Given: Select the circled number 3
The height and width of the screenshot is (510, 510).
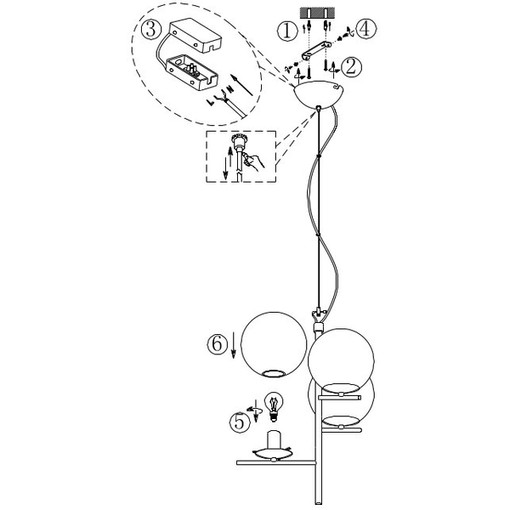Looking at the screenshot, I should (x=150, y=31).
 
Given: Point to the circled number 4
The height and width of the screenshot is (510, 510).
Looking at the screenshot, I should (x=365, y=28).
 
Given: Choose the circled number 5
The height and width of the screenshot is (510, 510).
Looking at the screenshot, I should (x=241, y=420).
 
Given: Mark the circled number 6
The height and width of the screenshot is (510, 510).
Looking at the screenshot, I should (x=217, y=345).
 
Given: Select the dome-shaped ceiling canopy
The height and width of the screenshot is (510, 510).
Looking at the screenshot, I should (x=319, y=94).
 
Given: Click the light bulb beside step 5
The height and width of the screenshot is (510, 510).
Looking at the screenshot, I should (x=274, y=405).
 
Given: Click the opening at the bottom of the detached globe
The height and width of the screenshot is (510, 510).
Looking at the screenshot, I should (x=274, y=372).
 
